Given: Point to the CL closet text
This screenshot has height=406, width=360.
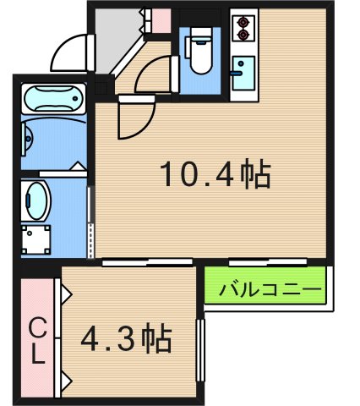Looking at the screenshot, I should (36, 340).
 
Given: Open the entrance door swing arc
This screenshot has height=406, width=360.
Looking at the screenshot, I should (69, 52).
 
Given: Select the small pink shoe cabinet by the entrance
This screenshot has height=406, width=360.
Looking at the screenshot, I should (158, 19).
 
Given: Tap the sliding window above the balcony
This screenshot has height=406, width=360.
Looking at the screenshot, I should (257, 261).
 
